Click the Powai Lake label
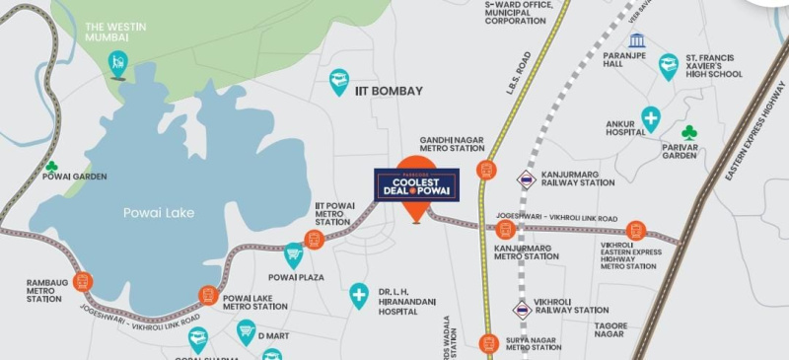coord(159,212)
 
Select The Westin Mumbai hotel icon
coord(118,64)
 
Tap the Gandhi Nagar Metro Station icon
coord(486,170)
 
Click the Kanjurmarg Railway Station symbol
coord(526,179)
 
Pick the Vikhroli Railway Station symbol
coord(522,310)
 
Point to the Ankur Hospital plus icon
coord(651,119)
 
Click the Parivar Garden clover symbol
coord(689,132)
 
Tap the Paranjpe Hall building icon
coord(636,41)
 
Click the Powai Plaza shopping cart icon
coord(294,254)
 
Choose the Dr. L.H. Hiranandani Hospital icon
coord(359,295)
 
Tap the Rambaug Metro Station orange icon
coord(82,281)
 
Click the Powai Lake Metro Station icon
coord(208,294)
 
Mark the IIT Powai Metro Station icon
coord(316,238)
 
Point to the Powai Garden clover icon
coord(50,167)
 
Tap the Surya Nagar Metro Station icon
coord(487,343)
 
